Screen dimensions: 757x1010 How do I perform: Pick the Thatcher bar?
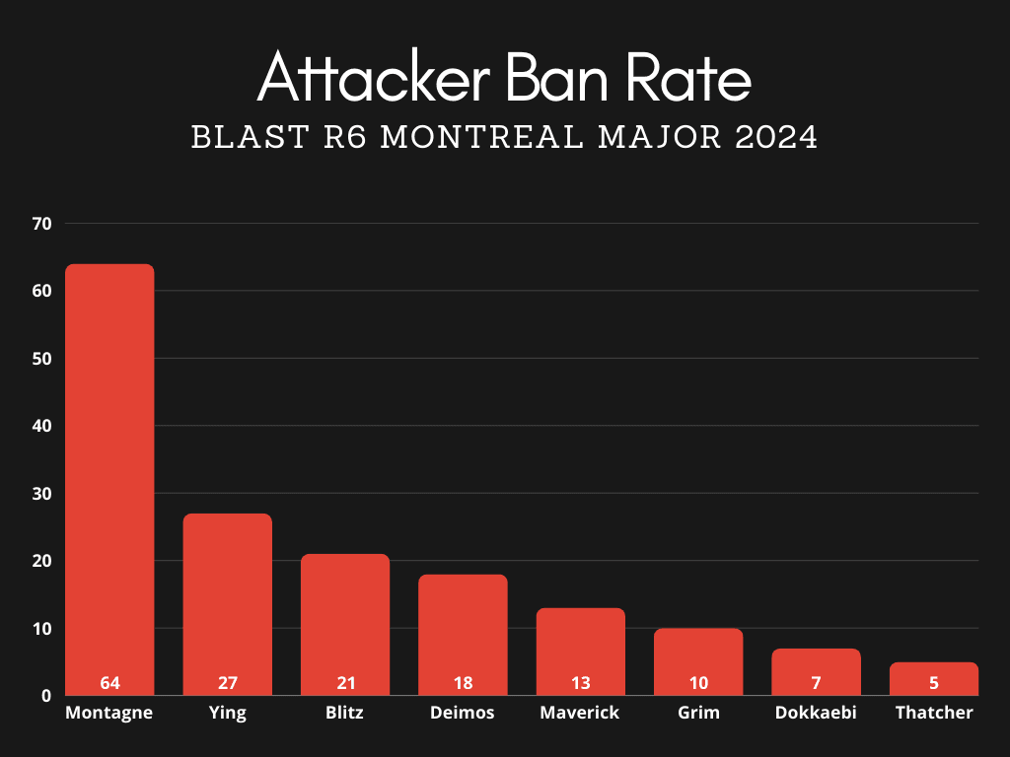(x=933, y=674)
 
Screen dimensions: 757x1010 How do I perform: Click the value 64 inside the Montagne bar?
(x=109, y=683)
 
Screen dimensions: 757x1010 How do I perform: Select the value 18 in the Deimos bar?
(x=463, y=683)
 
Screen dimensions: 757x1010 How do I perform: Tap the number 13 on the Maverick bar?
(x=580, y=683)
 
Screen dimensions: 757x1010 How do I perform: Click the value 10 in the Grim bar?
(x=697, y=683)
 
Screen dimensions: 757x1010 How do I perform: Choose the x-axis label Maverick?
(x=580, y=713)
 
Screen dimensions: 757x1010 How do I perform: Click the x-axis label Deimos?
(x=463, y=713)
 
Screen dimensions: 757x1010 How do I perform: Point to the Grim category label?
(x=697, y=713)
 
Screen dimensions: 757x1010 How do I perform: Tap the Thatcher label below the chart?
(x=933, y=713)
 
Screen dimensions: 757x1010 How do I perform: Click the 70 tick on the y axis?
(x=41, y=224)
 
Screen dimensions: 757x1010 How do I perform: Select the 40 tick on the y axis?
(x=41, y=426)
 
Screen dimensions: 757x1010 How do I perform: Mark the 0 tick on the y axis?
(x=46, y=696)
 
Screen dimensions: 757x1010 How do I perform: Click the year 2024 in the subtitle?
(x=776, y=137)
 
